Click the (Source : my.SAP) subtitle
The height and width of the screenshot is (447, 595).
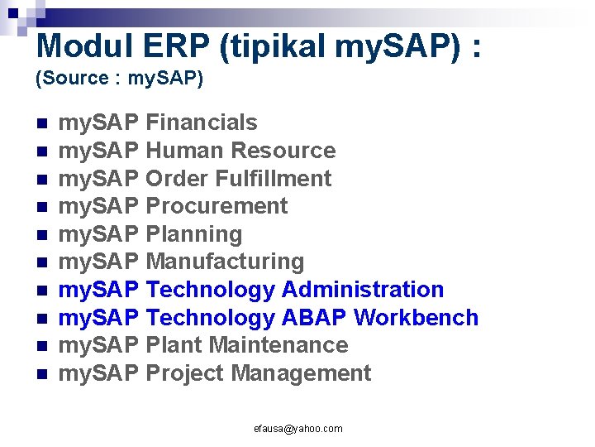pyautogui.click(x=119, y=79)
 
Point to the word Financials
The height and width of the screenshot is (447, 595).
pyautogui.click(x=201, y=123)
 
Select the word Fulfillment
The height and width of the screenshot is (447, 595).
pyautogui.click(x=274, y=178)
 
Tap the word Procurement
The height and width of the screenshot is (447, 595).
pyautogui.click(x=216, y=206)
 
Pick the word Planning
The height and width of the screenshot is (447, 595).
pyautogui.click(x=193, y=234)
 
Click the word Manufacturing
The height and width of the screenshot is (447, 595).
pyautogui.click(x=225, y=262)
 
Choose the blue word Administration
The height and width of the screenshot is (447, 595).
pyautogui.click(x=363, y=290)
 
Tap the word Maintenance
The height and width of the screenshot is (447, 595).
pyautogui.click(x=278, y=345)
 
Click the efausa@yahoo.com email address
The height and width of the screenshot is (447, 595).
pyautogui.click(x=297, y=429)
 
